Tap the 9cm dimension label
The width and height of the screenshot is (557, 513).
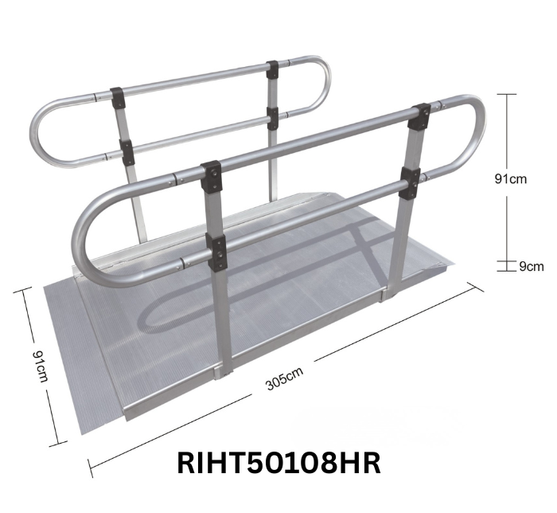[531, 266]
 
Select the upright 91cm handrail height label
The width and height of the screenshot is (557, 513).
[511, 180]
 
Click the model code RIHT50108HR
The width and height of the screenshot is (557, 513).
[278, 462]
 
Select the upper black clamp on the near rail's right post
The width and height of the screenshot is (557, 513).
[419, 116]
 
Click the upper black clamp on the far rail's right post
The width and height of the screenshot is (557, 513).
[274, 69]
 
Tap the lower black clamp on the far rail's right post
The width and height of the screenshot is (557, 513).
[274, 117]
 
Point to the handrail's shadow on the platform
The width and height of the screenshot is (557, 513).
[239, 311]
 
